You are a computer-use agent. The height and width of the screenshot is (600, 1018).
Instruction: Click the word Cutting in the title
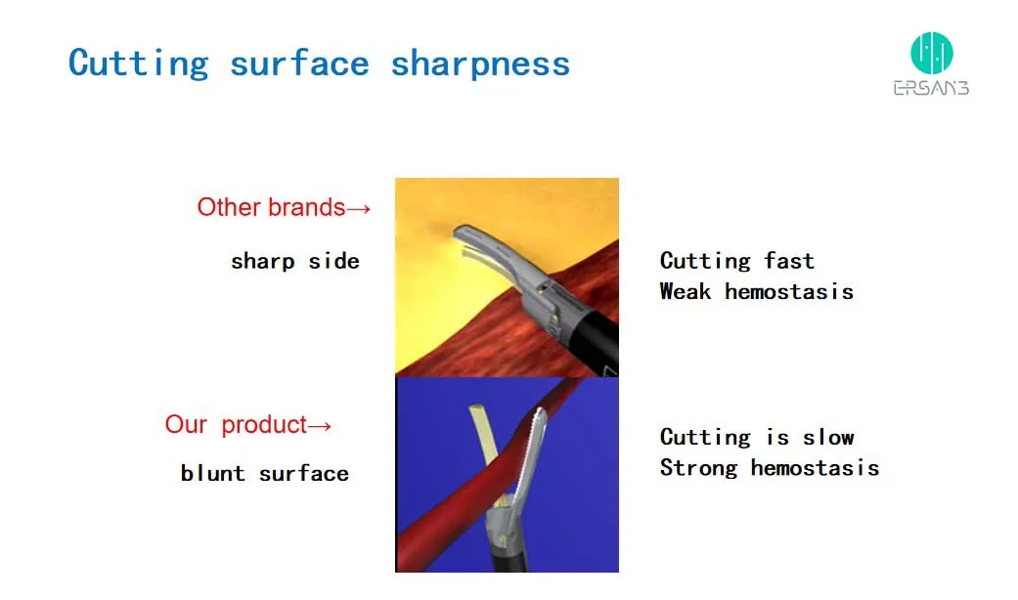[x=138, y=64]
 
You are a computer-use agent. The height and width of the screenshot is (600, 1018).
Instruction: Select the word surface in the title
[x=299, y=64]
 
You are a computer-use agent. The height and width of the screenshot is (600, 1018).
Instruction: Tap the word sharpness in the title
[x=479, y=64]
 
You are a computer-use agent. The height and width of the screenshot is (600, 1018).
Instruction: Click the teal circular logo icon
[x=931, y=52]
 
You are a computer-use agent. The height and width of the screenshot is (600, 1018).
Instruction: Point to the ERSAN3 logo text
[x=931, y=88]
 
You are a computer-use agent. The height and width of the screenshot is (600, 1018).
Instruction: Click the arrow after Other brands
[x=359, y=207]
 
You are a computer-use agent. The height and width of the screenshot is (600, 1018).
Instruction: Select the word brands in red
[x=308, y=207]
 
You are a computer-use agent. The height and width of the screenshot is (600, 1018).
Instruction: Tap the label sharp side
[x=294, y=261]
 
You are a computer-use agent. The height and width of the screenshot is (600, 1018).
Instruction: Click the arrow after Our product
[x=320, y=425]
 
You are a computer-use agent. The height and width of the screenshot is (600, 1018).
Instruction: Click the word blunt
[x=212, y=473]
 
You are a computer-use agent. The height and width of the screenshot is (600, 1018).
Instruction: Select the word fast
[x=788, y=261]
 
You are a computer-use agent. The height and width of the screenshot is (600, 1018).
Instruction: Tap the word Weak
[x=685, y=291]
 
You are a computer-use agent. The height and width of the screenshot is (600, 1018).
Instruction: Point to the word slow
[x=828, y=437]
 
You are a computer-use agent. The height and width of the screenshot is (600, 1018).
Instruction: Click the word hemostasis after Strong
[x=815, y=468]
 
